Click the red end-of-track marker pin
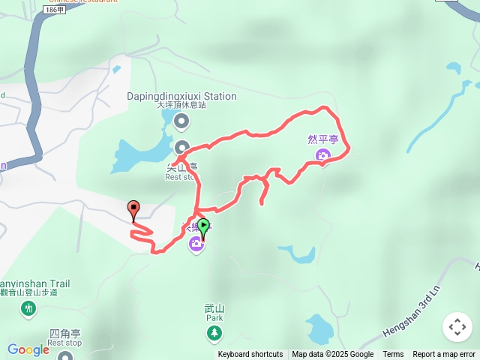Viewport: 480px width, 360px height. [133, 209]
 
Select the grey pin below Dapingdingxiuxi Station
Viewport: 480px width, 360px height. [181, 121]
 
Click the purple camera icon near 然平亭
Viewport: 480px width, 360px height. [323, 156]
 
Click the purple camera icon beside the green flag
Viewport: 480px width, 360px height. [196, 243]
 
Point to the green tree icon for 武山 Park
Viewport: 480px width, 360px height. [215, 331]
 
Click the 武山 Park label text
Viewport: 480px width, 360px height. [214, 313]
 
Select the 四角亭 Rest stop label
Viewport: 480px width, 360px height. [64, 337]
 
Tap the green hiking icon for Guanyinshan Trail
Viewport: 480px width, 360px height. [28, 307]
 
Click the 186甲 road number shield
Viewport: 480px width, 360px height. [55, 10]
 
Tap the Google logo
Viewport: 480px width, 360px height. [28, 349]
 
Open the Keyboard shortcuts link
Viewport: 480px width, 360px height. [250, 355]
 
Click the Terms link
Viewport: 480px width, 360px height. [393, 355]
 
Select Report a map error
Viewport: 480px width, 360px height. [444, 355]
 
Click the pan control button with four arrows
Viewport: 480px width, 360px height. [457, 327]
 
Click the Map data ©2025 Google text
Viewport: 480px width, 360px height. [332, 355]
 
